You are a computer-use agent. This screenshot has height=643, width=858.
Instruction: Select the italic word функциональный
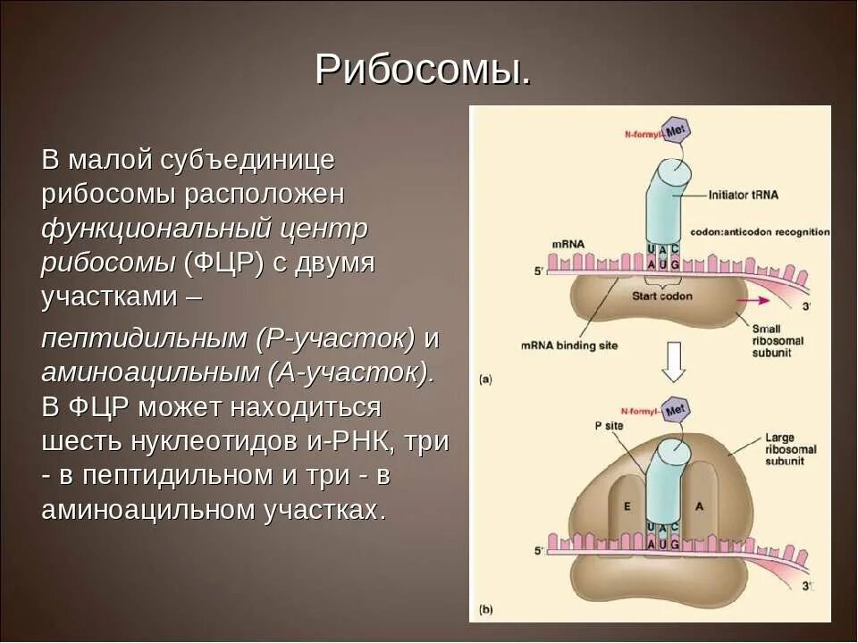click(x=155, y=229)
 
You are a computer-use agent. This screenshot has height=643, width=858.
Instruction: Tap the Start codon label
click(x=661, y=296)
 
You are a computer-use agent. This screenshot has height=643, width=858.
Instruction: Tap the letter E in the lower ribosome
click(x=627, y=505)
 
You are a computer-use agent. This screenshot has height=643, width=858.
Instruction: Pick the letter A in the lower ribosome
click(x=699, y=505)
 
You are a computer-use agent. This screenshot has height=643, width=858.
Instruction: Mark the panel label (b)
click(x=485, y=610)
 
